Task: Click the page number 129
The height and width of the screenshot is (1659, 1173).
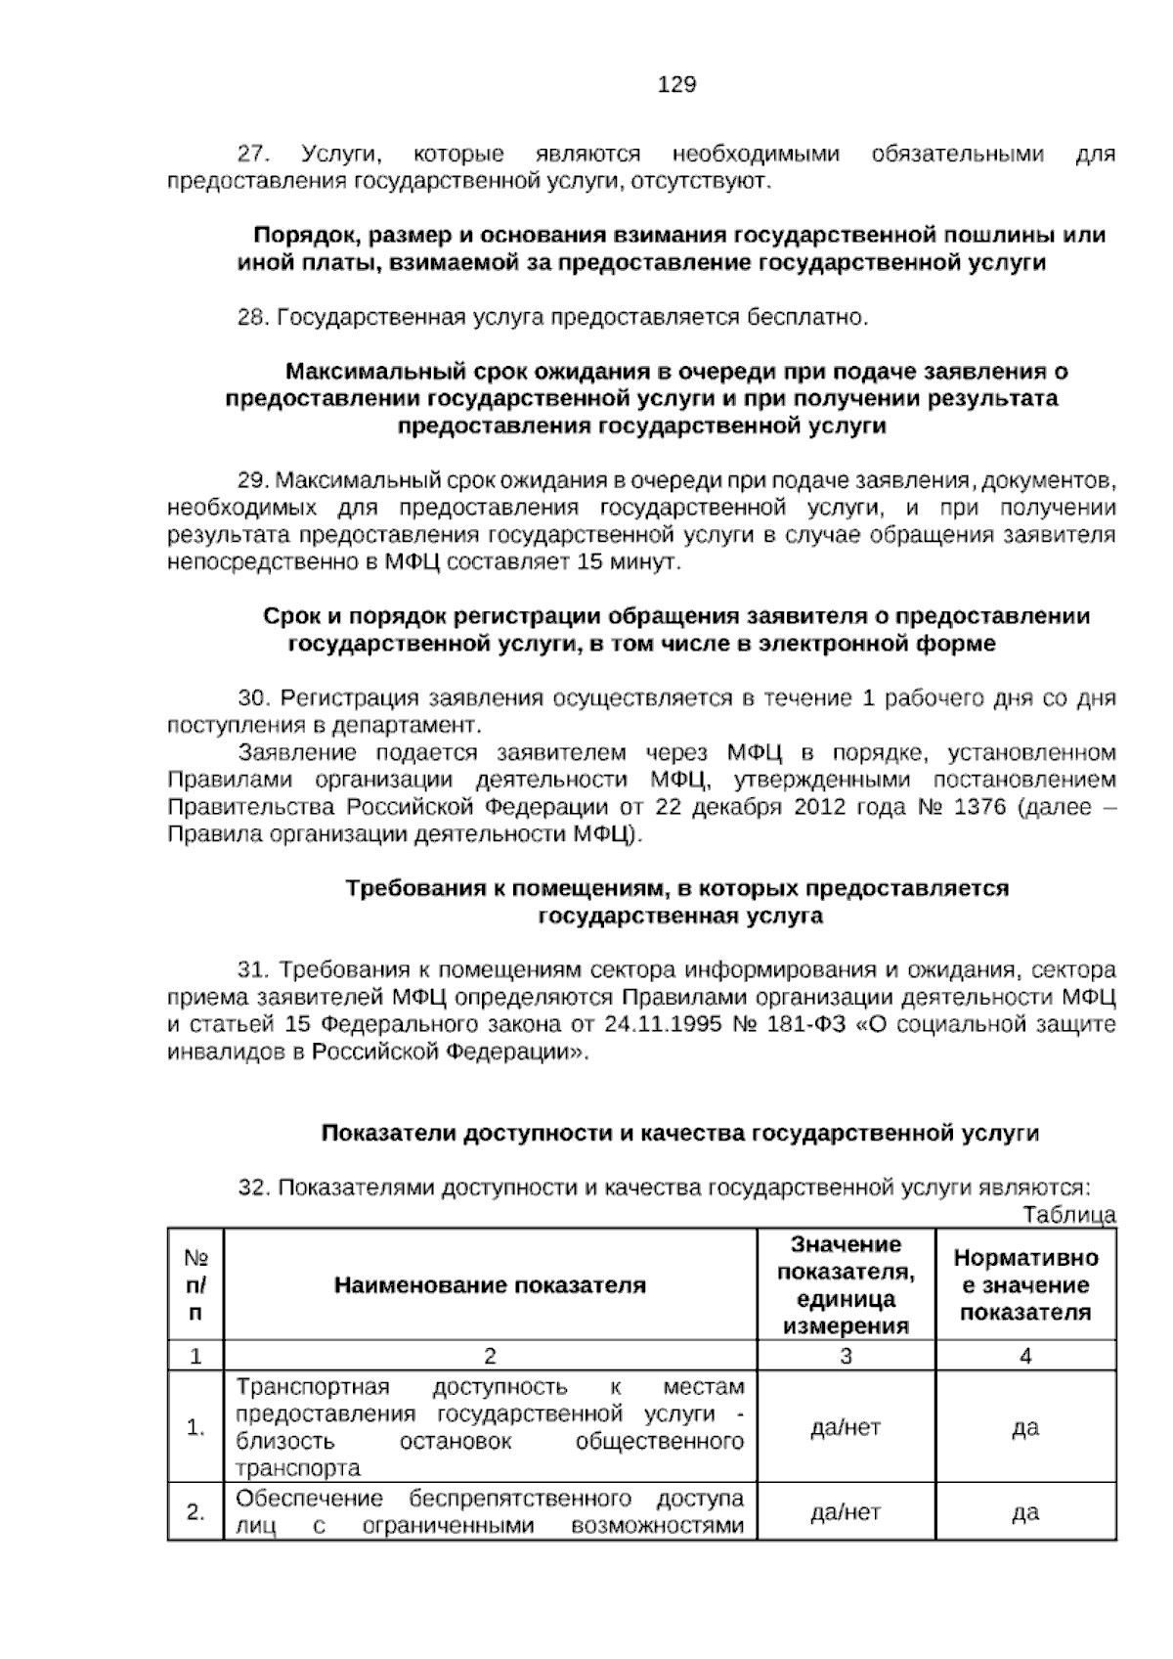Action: [676, 85]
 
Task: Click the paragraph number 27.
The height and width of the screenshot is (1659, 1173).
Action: [252, 155]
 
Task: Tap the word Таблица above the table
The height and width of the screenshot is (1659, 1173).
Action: [1069, 1215]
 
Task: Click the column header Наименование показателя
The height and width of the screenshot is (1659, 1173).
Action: [490, 1285]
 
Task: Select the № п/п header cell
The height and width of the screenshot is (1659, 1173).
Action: [195, 1285]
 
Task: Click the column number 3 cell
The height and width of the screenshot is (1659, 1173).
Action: [846, 1356]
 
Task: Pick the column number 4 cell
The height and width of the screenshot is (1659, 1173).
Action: [1025, 1356]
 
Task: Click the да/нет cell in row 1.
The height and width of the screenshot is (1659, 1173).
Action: [846, 1427]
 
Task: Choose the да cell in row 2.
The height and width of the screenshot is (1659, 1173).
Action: [1025, 1512]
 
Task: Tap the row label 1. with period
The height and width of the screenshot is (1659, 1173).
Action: [195, 1427]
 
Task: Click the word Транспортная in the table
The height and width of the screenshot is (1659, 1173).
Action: [313, 1387]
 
